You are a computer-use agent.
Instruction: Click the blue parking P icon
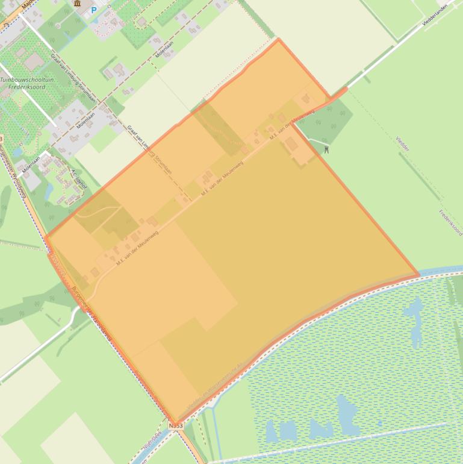[x=93, y=10]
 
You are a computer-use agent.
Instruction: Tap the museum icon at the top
[x=78, y=3]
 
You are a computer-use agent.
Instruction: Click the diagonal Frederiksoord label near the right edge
[x=449, y=222]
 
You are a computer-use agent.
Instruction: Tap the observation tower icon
[x=326, y=149]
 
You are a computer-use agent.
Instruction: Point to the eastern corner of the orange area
[x=418, y=275]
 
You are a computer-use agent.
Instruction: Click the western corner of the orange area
[x=46, y=237]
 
